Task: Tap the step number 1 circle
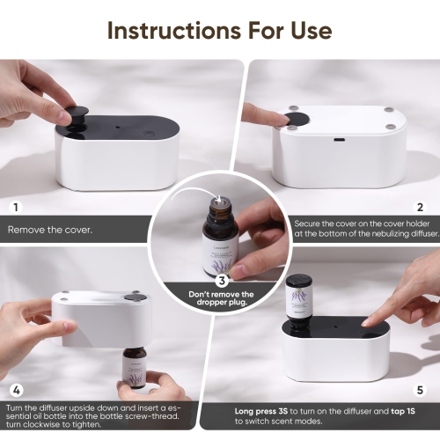[14, 208]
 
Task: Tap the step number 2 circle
[420, 208]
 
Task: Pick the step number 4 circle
[14, 388]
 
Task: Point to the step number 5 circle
[420, 388]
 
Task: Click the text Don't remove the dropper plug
[223, 300]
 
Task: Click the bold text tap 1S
[400, 410]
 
